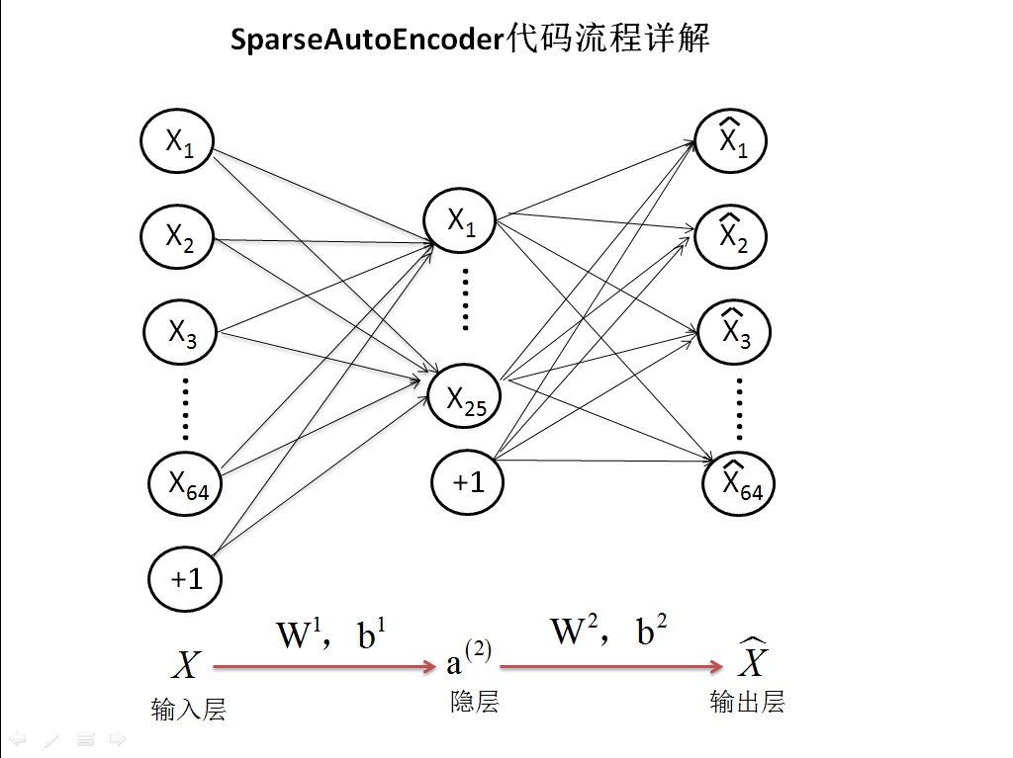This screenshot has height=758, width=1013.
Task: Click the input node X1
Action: (x=177, y=140)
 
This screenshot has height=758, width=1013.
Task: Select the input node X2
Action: (x=177, y=237)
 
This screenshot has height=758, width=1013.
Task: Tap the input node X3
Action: (x=180, y=332)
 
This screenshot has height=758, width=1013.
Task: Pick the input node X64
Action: (x=185, y=484)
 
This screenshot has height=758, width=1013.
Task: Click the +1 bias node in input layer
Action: (x=185, y=579)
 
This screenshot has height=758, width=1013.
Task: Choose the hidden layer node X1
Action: (x=460, y=220)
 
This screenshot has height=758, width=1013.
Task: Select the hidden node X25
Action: (x=465, y=396)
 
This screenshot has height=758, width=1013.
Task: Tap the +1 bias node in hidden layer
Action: (x=468, y=482)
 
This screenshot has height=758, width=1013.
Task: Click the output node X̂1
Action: (x=731, y=140)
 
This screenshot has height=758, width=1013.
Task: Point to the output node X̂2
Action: (x=731, y=236)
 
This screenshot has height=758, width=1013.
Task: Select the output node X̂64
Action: (x=738, y=483)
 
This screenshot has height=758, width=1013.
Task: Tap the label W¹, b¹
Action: (x=331, y=633)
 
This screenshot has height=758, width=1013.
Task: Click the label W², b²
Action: (x=608, y=631)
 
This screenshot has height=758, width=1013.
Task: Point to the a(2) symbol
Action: (x=468, y=658)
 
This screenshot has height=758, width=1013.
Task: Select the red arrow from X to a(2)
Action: (x=324, y=666)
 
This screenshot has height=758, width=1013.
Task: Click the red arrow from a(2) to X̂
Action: (x=611, y=666)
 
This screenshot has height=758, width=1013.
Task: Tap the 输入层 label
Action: (x=189, y=710)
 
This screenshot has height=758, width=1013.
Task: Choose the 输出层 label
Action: (x=748, y=702)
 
